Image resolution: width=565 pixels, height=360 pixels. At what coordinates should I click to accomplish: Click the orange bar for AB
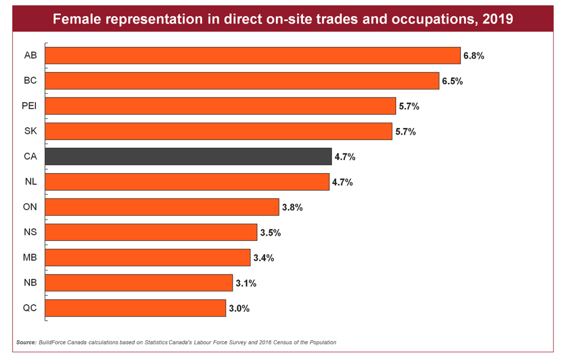tap(252, 55)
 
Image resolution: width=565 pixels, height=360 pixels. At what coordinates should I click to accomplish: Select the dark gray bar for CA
tap(188, 156)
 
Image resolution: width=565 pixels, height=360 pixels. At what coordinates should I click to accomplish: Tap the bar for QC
tap(135, 308)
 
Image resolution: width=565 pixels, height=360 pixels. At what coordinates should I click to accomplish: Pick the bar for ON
tap(162, 207)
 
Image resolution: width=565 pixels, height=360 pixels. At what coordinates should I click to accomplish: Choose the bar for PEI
tap(220, 106)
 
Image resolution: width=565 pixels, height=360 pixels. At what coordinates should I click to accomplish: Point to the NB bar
tap(139, 283)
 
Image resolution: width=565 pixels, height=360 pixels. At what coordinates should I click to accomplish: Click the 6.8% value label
tap(474, 56)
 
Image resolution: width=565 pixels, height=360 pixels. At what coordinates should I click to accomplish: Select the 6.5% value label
tap(452, 81)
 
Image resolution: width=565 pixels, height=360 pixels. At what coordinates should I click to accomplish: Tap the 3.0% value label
tap(239, 308)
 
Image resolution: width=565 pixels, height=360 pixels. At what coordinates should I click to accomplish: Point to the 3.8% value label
tap(292, 207)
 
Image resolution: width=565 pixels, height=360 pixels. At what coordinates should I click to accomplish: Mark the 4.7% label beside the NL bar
tap(343, 182)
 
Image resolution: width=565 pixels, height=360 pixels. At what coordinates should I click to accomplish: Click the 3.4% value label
tap(263, 258)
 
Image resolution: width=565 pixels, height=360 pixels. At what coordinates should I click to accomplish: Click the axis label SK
tap(31, 131)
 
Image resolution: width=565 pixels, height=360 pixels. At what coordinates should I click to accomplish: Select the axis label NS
tap(30, 232)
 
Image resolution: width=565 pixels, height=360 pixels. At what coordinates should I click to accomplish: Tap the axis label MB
tap(30, 257)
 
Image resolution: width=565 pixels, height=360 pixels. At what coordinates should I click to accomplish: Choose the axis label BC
tap(30, 81)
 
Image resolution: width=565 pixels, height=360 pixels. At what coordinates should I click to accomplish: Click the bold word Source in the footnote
tap(26, 343)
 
